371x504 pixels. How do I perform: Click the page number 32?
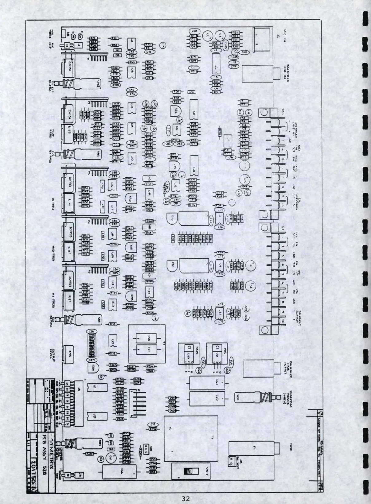(185, 498)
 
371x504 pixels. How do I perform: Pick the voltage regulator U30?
(187, 354)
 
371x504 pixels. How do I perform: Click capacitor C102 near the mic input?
(244, 52)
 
